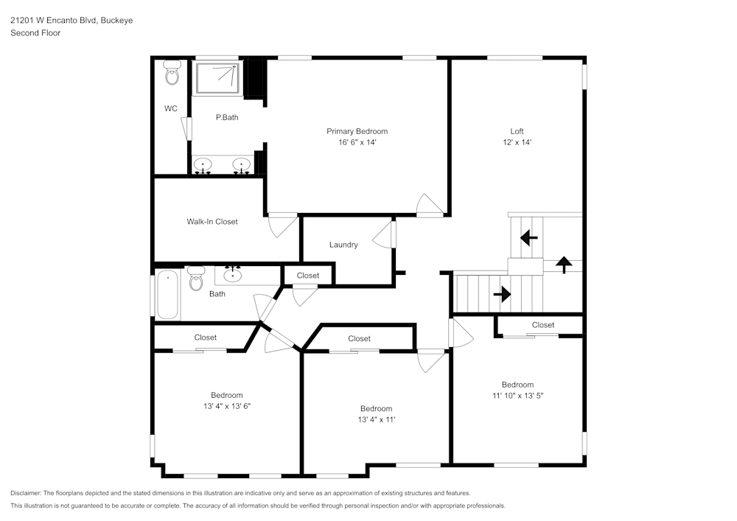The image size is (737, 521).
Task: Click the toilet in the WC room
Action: tap(172, 72)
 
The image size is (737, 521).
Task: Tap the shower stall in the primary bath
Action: tap(217, 78)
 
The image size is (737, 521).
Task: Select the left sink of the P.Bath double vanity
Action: tap(203, 164)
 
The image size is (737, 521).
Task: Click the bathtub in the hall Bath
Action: tap(167, 295)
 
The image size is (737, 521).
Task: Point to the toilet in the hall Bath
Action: tap(196, 279)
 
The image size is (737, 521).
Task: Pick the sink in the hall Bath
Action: tap(233, 276)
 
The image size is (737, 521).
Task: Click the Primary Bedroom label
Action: tap(357, 131)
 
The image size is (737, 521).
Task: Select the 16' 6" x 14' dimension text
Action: tap(357, 142)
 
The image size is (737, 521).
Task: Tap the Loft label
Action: tap(517, 131)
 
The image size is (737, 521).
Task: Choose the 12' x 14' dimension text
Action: tap(517, 142)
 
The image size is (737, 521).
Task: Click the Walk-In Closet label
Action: tap(212, 221)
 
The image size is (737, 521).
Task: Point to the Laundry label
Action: tap(343, 245)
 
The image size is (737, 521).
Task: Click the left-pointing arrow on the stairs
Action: tap(528, 238)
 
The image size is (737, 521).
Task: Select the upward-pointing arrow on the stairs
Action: tap(564, 264)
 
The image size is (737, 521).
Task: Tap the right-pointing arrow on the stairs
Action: tap(503, 294)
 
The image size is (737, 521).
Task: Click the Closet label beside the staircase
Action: tap(543, 325)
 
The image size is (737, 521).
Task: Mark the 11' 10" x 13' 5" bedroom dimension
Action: tap(517, 396)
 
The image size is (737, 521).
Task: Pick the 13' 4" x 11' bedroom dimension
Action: tap(376, 420)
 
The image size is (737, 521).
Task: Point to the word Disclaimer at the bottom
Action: tap(26, 493)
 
